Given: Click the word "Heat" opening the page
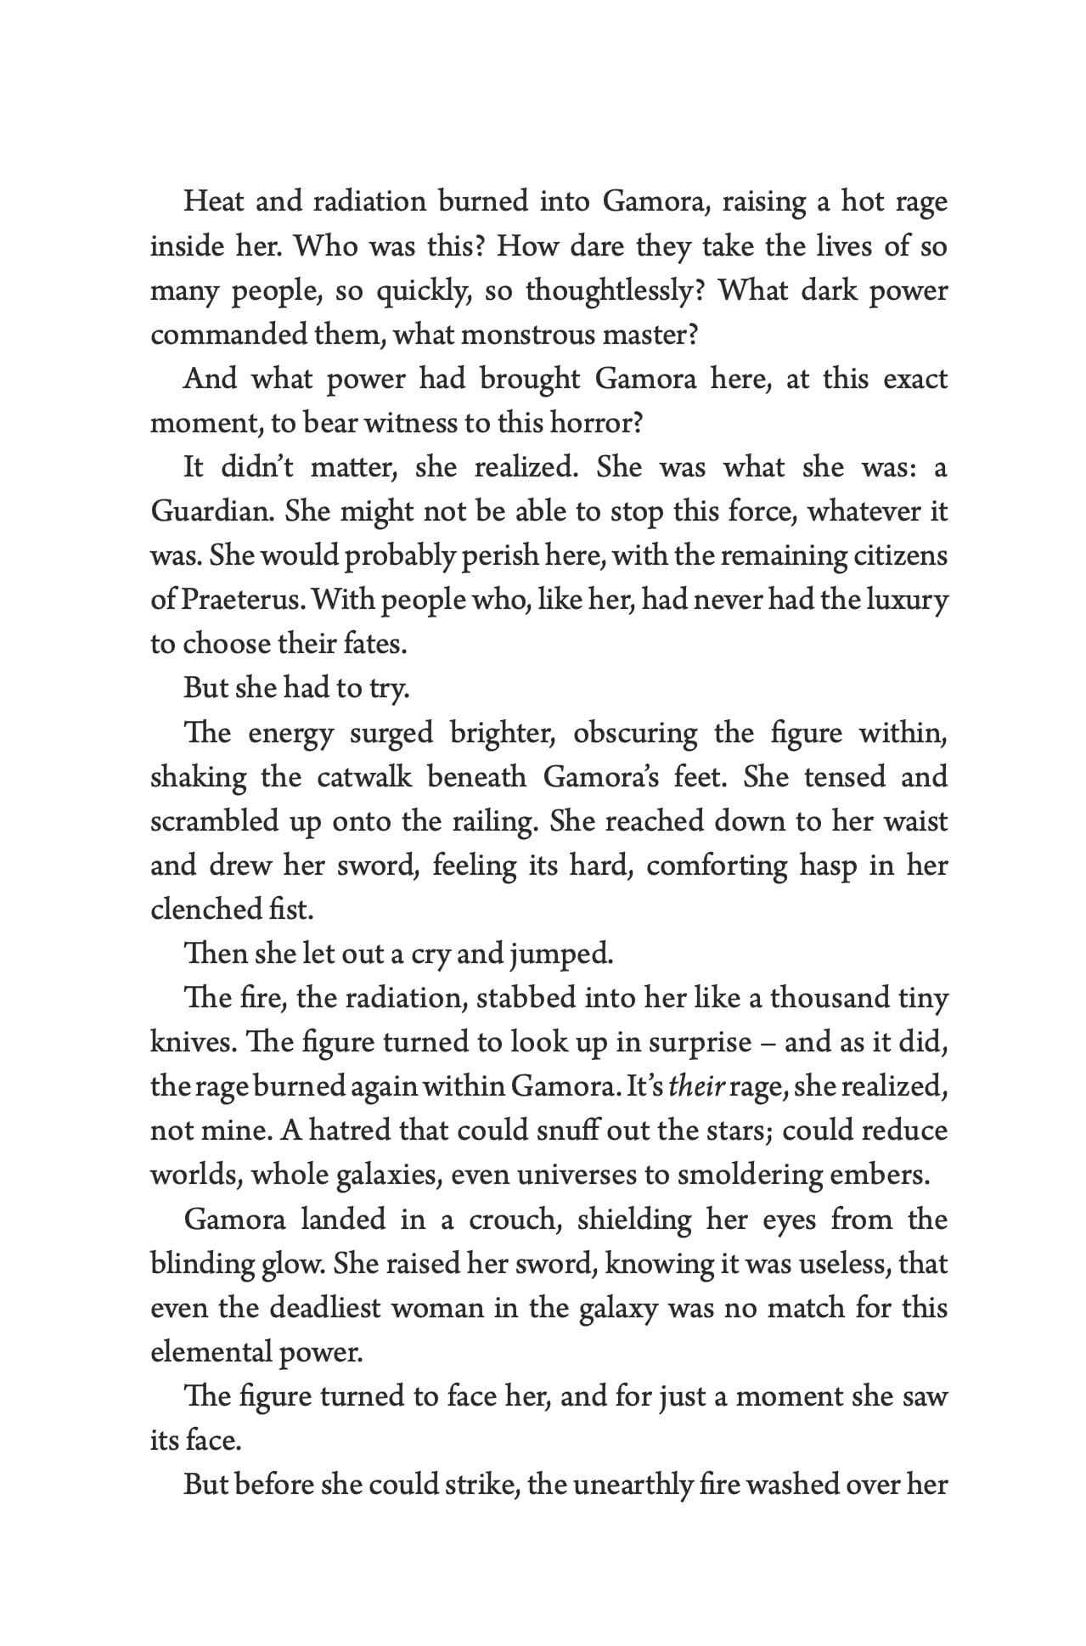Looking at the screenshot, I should point(211,202).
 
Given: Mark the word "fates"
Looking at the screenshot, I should point(375,644).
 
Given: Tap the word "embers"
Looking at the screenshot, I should point(887,1175).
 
